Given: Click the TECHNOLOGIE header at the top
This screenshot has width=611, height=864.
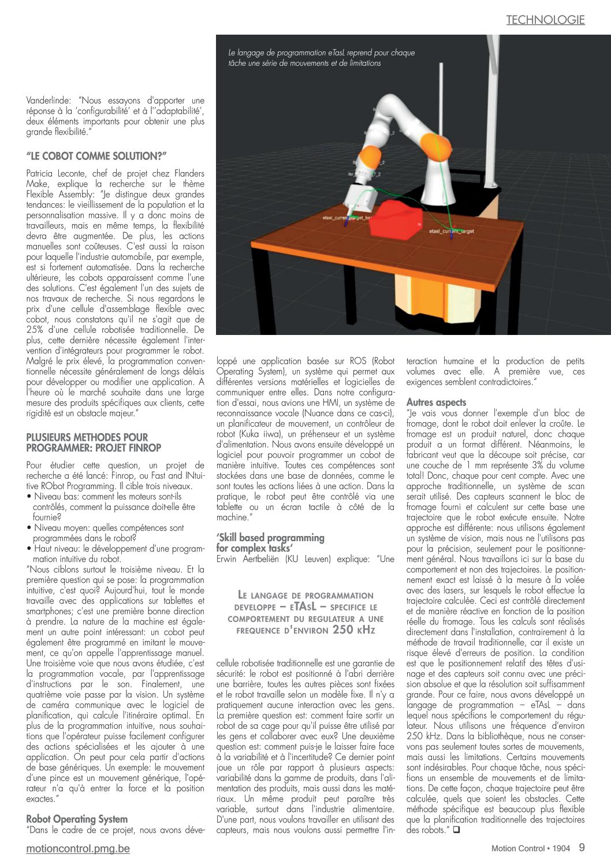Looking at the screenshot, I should coord(545,20).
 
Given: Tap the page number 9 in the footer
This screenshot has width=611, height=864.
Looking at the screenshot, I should coord(582,847).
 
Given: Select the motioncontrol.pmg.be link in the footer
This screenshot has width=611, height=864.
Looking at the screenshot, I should coord(78,848).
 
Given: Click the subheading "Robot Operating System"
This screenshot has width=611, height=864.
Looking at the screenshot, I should coord(77,819).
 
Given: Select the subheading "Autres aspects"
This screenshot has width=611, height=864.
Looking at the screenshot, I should coord(436,402).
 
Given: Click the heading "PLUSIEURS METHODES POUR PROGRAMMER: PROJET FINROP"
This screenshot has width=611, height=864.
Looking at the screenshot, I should coord(94,442).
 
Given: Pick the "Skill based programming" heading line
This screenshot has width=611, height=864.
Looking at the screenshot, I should coord(270,538).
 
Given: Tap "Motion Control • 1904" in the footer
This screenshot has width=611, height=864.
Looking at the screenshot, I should coord(530,848).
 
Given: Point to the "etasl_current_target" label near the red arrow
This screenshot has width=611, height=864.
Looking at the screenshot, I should coord(452,231).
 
